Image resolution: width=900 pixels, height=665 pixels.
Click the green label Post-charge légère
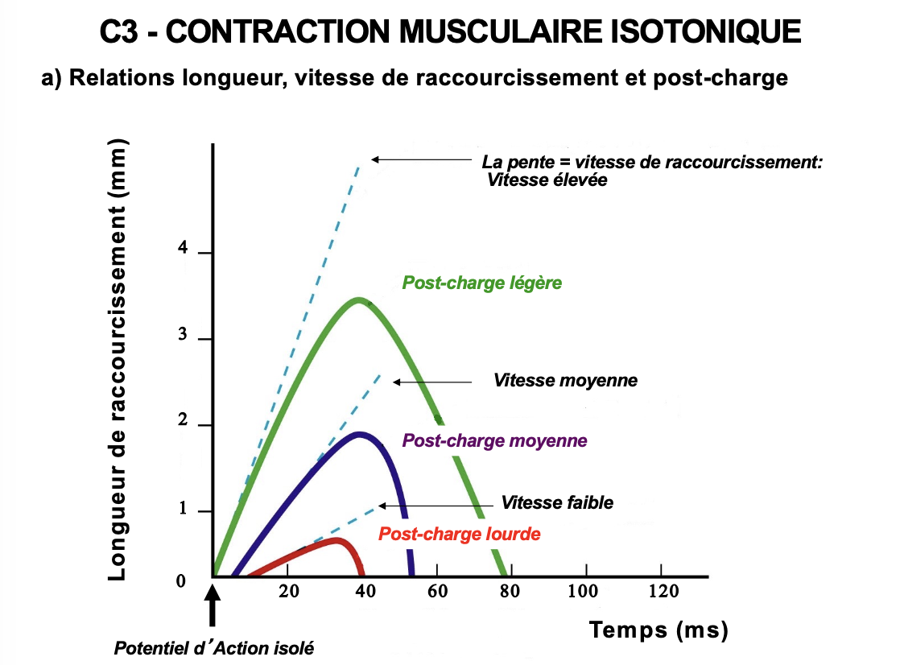tap(481, 283)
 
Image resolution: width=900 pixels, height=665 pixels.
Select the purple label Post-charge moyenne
tap(494, 440)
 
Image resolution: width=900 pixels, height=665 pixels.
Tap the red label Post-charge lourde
tap(459, 534)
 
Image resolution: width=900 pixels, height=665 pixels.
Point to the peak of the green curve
tap(358, 300)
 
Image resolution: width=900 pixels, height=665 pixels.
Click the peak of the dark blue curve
tap(358, 435)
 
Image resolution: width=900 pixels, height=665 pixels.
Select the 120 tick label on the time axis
tap(663, 591)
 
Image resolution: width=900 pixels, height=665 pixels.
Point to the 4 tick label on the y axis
tap(183, 250)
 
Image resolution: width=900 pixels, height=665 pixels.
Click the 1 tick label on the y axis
tap(183, 510)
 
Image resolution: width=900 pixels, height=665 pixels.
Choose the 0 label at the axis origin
tap(182, 581)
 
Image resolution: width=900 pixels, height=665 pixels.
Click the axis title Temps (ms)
tap(658, 630)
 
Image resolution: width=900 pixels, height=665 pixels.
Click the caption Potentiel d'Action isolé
tap(213, 647)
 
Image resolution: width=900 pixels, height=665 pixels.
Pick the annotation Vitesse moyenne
tap(565, 380)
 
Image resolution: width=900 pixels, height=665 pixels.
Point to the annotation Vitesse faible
tap(557, 503)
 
